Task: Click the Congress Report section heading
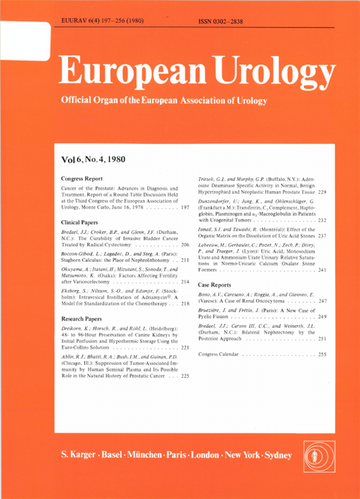(82, 178)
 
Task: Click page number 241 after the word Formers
(321, 270)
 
